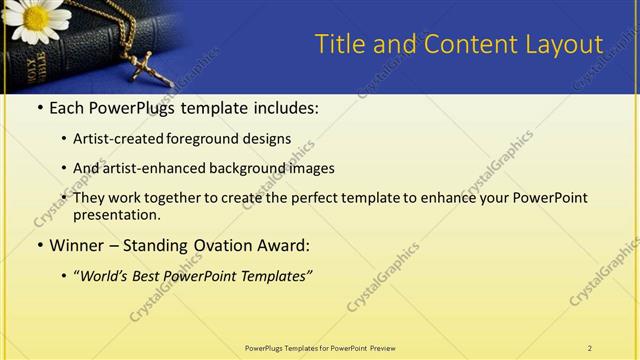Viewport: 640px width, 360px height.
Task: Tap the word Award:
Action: coord(282,245)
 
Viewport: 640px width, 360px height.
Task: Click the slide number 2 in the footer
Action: coord(590,348)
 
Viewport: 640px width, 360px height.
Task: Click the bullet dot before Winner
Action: coord(39,245)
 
